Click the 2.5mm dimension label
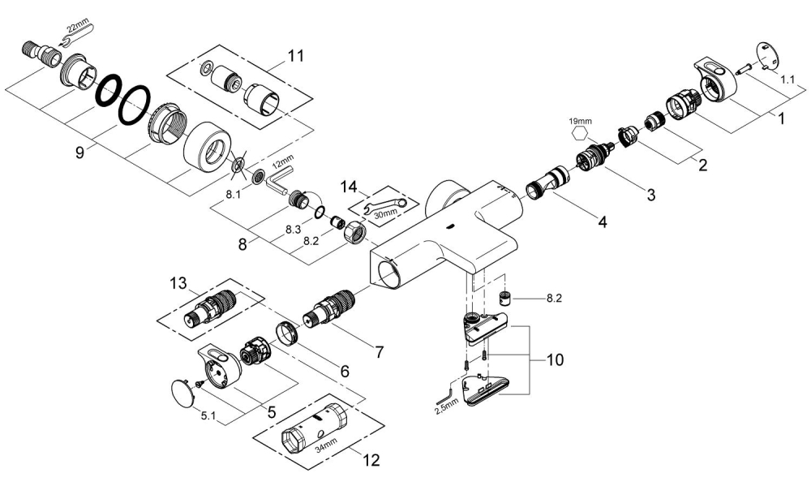(x=446, y=410)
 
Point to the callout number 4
(x=600, y=221)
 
